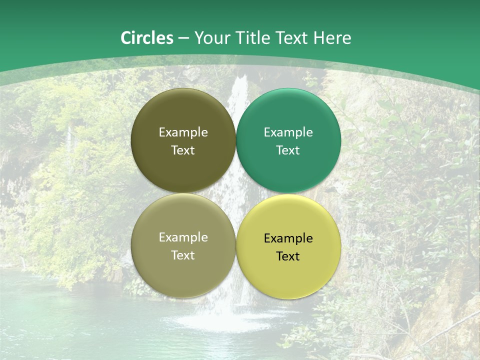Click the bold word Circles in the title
(147, 38)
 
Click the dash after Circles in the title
(183, 38)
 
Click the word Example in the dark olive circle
(183, 132)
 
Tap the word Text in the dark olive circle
(183, 150)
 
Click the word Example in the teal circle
(288, 132)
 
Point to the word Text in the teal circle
(288, 150)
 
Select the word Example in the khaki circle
(183, 237)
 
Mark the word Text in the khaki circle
(183, 255)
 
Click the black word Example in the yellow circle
(288, 238)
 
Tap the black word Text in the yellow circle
(288, 256)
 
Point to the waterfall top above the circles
(240, 82)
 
